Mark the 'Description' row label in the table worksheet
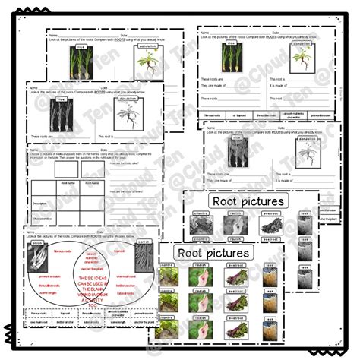39,203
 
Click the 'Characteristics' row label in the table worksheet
41,218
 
